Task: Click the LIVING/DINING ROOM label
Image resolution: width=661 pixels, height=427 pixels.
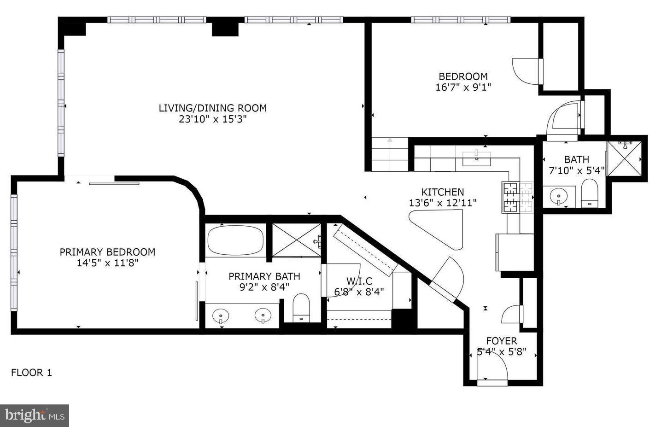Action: point(212,108)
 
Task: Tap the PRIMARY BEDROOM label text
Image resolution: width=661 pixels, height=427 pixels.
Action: point(107,252)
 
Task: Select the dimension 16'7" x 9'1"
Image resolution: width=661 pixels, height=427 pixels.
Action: point(463,87)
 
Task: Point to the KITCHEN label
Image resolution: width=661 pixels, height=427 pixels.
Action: point(442,192)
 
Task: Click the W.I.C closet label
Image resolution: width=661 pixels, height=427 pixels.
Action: point(359,281)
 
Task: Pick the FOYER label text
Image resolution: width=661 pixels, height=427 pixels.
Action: point(501,341)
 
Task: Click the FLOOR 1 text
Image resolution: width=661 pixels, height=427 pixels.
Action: point(31,373)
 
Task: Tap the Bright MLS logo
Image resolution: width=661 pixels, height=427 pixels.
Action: point(35,416)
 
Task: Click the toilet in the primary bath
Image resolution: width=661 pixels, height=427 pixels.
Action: point(302,308)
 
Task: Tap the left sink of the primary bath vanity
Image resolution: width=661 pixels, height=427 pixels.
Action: point(221,316)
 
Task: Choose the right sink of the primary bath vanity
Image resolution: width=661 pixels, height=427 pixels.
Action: point(263,316)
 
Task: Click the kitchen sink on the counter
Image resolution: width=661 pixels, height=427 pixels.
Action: point(476,158)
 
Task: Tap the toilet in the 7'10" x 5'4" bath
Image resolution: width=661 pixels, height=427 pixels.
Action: point(589,194)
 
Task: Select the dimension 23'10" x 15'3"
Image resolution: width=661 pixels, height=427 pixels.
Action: point(212,120)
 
